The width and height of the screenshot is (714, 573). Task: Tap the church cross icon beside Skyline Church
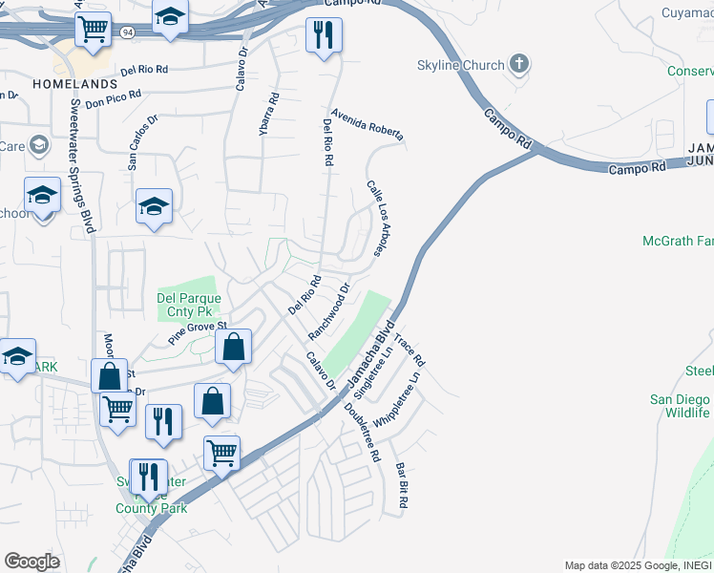pyautogui.click(x=518, y=65)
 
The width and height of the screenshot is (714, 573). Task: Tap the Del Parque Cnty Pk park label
pyautogui.click(x=189, y=304)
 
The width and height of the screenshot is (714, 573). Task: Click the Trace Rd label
pyautogui.click(x=409, y=350)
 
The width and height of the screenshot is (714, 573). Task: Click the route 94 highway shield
pyautogui.click(x=127, y=32)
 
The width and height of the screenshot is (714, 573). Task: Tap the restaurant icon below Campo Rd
pyautogui.click(x=323, y=36)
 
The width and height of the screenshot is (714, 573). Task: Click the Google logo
pyautogui.click(x=31, y=561)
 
